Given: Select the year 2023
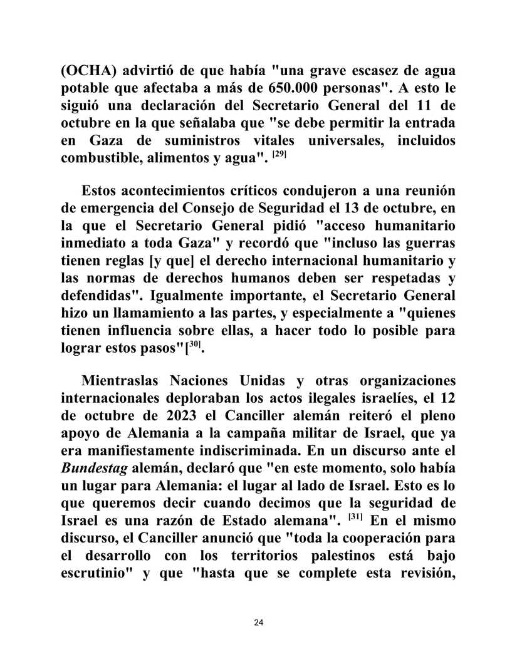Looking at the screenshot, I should pyautogui.click(x=170, y=416).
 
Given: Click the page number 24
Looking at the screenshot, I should pyautogui.click(x=259, y=622).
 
